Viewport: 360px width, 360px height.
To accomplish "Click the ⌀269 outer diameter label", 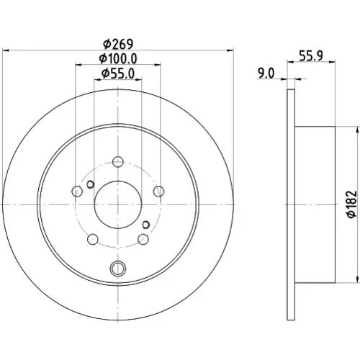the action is (x=118, y=44).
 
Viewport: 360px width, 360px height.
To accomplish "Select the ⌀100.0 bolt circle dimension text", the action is (x=118, y=58).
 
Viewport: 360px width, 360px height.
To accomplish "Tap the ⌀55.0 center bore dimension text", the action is (x=118, y=73).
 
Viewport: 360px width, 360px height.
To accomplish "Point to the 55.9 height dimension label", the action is (x=311, y=55).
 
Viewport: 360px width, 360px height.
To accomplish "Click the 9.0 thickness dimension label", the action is (x=266, y=73).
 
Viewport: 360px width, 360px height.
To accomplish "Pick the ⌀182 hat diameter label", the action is (x=352, y=204).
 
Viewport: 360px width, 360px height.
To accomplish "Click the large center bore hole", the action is (x=118, y=204).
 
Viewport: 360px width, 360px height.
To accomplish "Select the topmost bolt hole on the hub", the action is (x=118, y=161).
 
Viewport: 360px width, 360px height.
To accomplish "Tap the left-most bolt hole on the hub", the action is (x=77, y=192).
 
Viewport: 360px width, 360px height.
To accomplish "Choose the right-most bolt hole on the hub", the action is (x=158, y=192).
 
